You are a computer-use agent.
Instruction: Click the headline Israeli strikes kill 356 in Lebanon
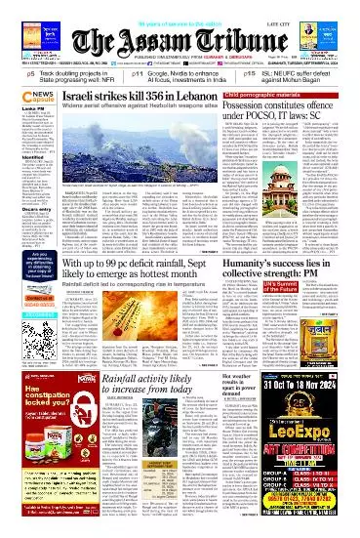pyautogui.click(x=128, y=100)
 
